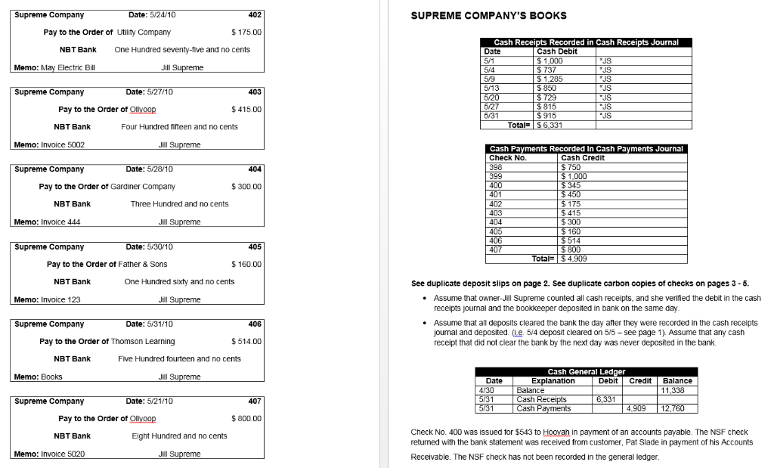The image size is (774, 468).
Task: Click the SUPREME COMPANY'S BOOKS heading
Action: point(488,16)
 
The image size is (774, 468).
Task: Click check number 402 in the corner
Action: point(255,15)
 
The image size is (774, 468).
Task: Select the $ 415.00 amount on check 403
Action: point(246,110)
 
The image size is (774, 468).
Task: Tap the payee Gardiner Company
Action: point(143,187)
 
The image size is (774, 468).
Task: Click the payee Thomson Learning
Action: point(143,342)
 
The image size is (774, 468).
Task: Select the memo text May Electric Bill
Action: point(67,68)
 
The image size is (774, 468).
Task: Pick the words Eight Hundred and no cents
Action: point(179,436)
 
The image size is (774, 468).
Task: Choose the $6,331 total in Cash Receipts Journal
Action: point(550,124)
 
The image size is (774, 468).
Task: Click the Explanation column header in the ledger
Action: point(553,381)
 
